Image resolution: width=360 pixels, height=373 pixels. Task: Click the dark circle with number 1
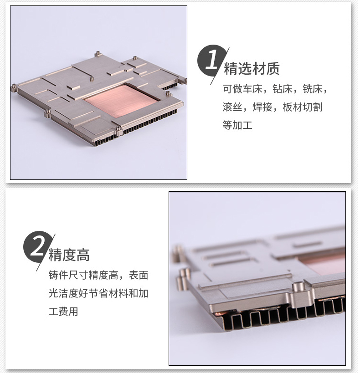click(x=211, y=60)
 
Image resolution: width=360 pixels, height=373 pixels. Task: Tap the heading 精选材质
click(x=252, y=69)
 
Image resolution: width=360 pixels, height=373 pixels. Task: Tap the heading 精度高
click(x=69, y=255)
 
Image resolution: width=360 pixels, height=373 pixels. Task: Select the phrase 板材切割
click(x=302, y=107)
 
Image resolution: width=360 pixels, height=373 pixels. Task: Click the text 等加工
click(x=237, y=125)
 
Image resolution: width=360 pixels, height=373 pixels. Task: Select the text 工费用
click(x=63, y=312)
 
